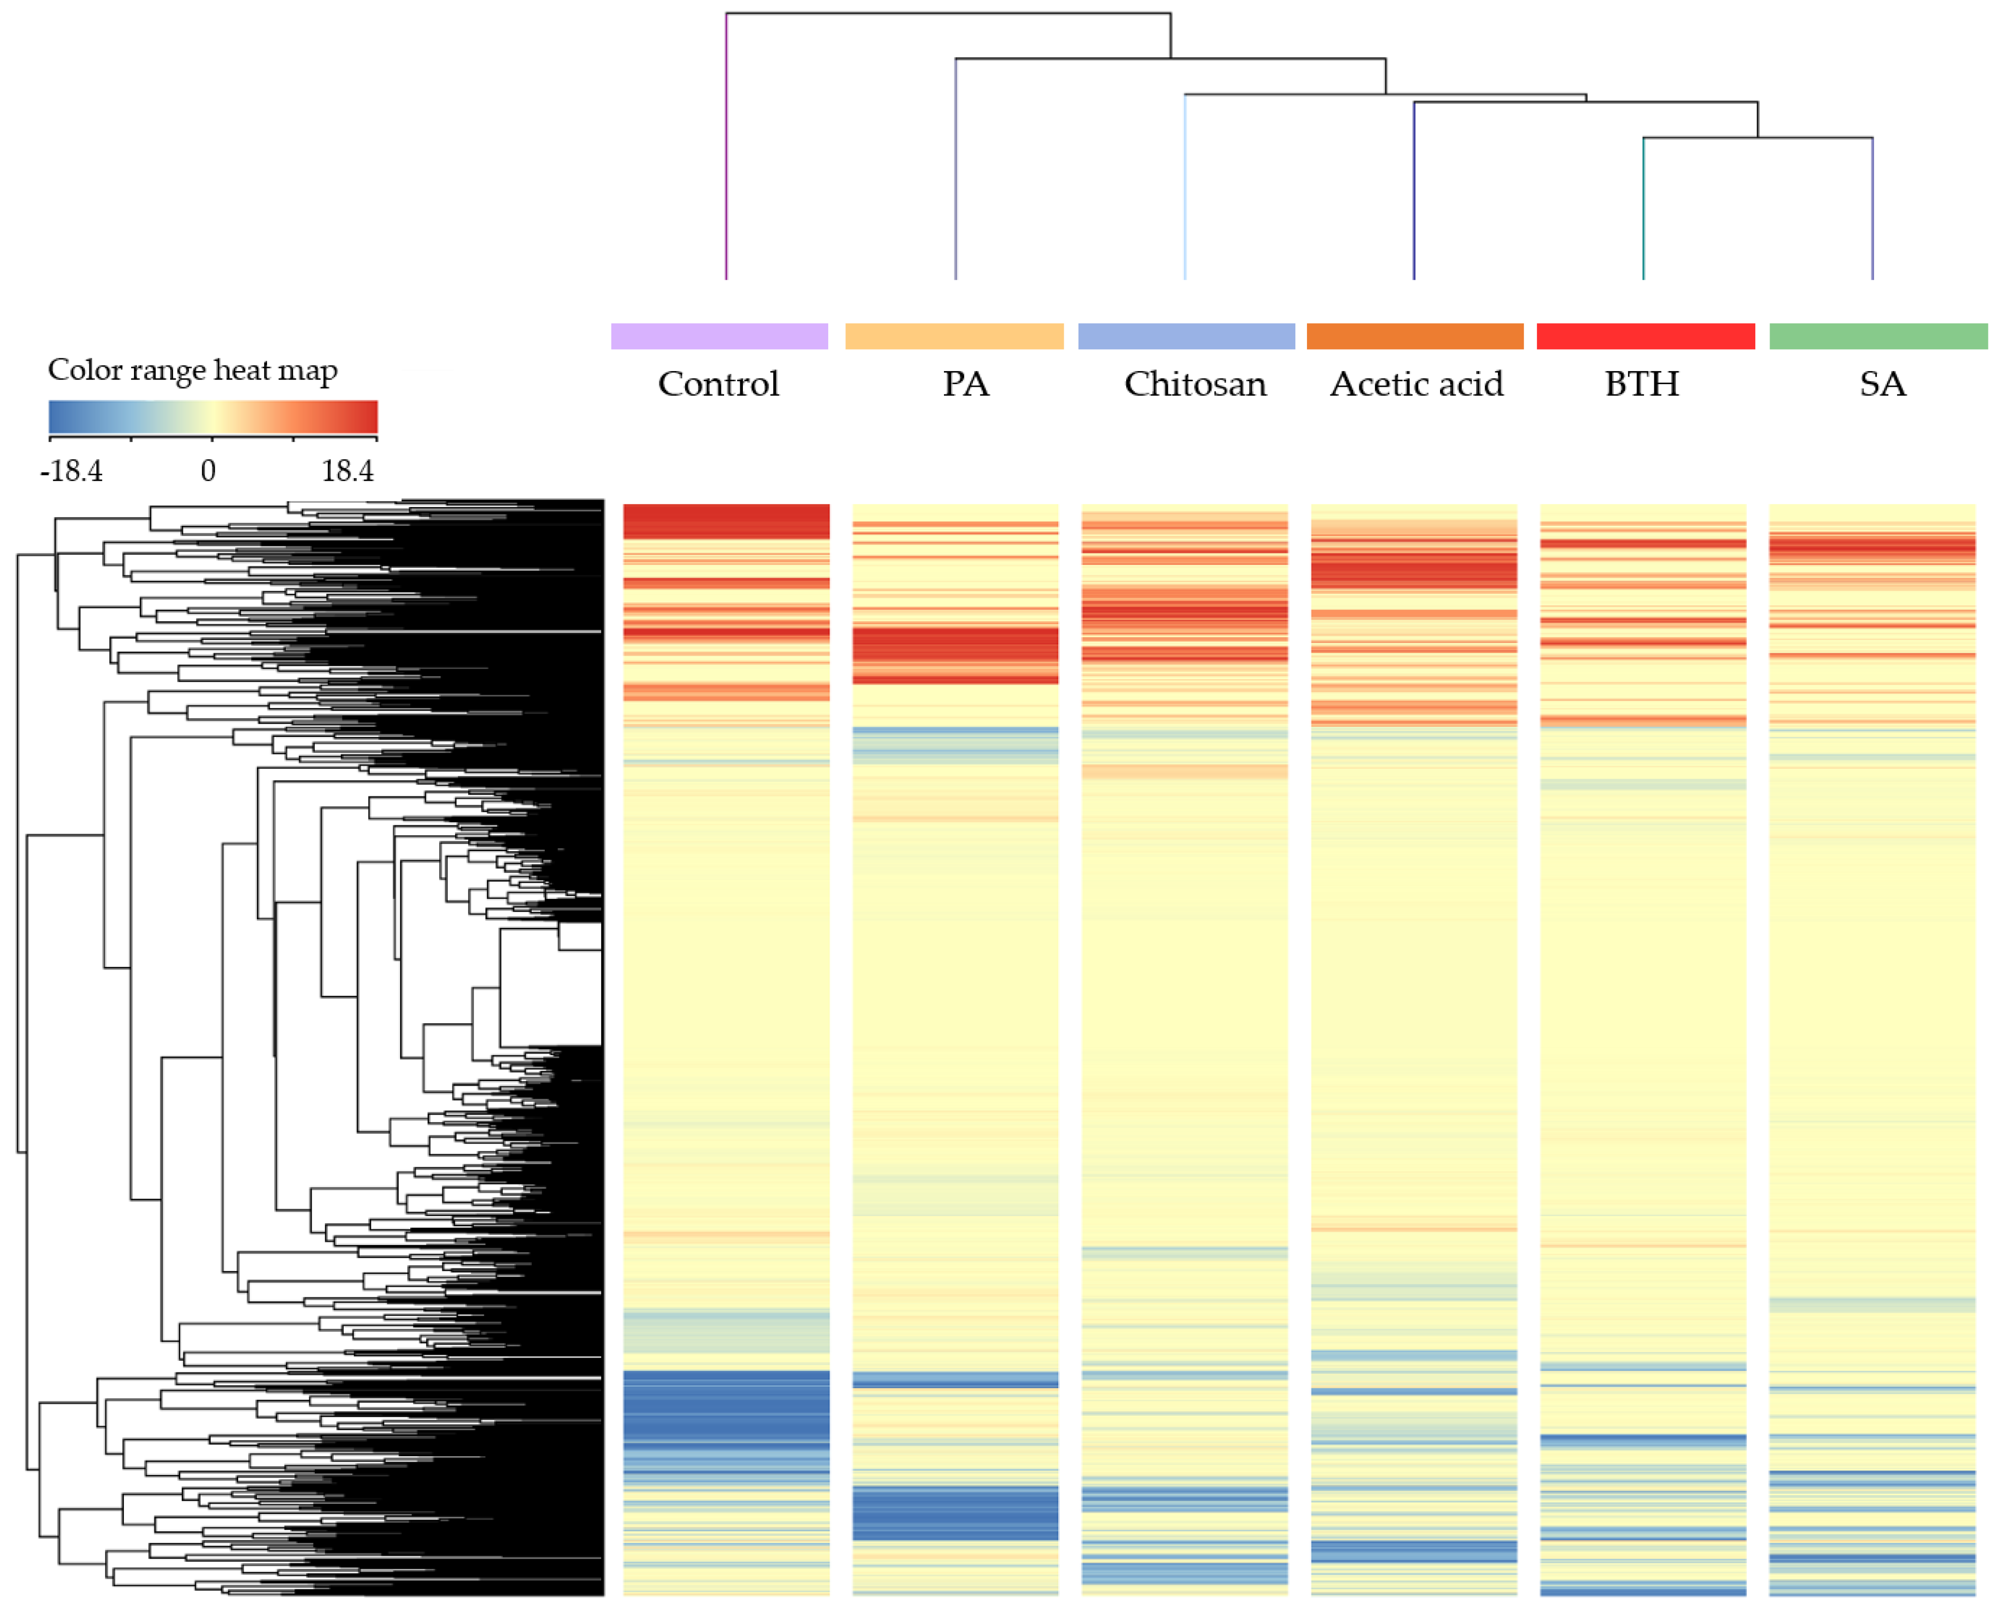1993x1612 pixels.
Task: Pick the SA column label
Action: (1882, 384)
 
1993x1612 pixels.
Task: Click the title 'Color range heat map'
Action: (192, 370)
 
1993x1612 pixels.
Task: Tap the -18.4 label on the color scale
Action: (72, 471)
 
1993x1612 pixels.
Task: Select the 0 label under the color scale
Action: (208, 471)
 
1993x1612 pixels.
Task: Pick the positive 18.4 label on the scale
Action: (347, 471)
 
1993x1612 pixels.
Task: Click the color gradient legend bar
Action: (213, 417)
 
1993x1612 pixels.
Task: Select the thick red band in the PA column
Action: (955, 655)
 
